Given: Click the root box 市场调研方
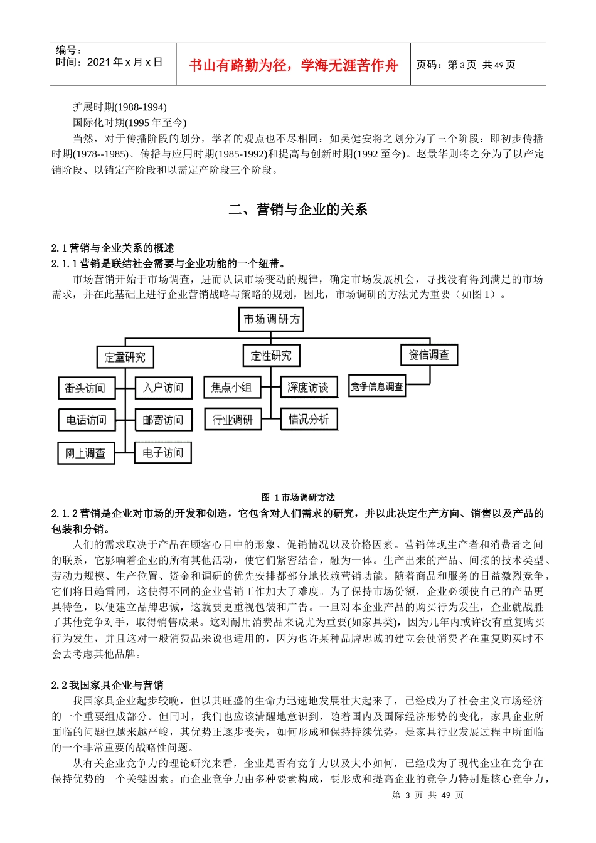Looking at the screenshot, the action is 272,319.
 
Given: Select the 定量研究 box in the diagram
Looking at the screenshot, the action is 125,357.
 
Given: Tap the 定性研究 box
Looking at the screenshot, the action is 271,356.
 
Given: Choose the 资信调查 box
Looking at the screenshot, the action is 429,355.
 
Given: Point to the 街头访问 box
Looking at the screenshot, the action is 86,388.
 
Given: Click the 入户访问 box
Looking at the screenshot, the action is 163,388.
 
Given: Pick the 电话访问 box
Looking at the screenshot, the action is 87,420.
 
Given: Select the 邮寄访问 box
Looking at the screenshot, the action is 163,420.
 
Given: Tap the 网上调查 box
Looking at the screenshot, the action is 86,453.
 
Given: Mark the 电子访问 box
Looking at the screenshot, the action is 162,452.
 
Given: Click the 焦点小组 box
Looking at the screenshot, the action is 231,388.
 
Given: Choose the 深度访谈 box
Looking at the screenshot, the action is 308,388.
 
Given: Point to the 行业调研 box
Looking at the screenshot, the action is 233,420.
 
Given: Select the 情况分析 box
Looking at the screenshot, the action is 309,419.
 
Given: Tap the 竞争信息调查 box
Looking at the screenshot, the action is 377,386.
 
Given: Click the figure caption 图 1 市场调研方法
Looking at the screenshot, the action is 298,497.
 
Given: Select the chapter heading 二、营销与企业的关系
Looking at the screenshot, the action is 298,209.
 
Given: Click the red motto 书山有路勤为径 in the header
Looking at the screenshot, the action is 294,65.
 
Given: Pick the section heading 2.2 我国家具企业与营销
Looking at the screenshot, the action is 107,685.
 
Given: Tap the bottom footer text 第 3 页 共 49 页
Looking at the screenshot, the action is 428,795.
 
